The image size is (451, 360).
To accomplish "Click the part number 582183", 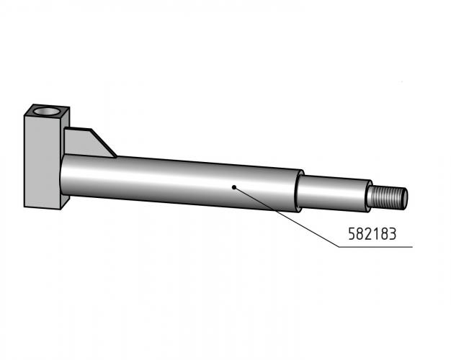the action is tap(372, 234).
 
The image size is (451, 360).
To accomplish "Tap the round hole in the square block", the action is tap(46, 111).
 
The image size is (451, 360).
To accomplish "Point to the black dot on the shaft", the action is tap(234, 187).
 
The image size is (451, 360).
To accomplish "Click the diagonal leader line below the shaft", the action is tap(287, 217).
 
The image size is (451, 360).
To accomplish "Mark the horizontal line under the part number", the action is tap(375, 247).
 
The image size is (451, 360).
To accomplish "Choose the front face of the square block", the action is tap(43, 161).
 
